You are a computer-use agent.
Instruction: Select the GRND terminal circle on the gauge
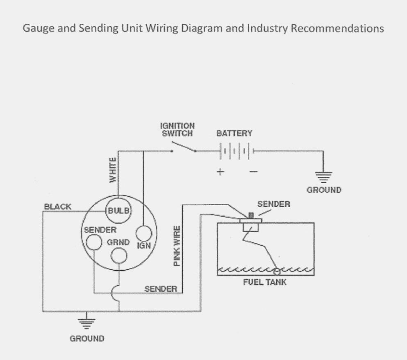pos(119,256)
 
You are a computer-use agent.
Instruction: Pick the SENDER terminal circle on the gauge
pos(93,242)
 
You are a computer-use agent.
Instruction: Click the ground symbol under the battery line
pos(323,175)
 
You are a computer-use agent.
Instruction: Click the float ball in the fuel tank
pos(277,271)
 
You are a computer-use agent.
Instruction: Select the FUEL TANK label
pos(265,282)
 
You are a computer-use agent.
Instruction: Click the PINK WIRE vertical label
pos(177,246)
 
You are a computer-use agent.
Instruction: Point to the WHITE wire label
pos(113,170)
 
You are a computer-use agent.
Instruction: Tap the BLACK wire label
pos(57,207)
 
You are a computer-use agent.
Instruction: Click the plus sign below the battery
pos(221,172)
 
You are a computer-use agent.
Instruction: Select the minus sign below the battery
pos(253,172)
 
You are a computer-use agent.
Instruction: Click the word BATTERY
pos(234,134)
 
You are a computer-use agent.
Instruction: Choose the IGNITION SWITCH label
pos(177,130)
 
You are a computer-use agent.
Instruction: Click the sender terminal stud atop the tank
pos(252,216)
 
